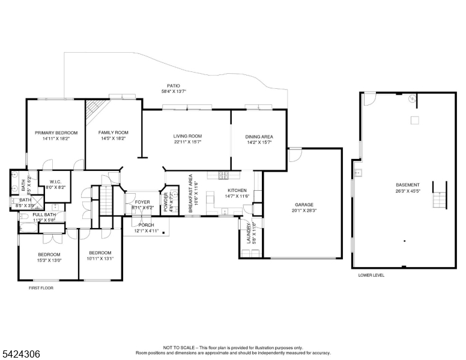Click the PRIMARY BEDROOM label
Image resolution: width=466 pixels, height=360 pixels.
coord(56,133)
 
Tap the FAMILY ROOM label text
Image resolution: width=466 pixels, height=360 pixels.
coord(113,133)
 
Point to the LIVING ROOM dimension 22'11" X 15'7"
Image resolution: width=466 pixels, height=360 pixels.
coord(187,143)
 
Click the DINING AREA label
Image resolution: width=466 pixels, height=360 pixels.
coord(259,136)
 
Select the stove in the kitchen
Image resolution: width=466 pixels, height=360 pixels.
coord(223,176)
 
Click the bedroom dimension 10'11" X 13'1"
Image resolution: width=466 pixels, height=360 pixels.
coord(100,259)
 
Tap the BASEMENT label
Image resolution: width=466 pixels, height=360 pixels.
coord(407,185)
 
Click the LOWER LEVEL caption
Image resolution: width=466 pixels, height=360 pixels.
coord(371,275)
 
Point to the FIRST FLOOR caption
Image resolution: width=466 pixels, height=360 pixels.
coord(41,288)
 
